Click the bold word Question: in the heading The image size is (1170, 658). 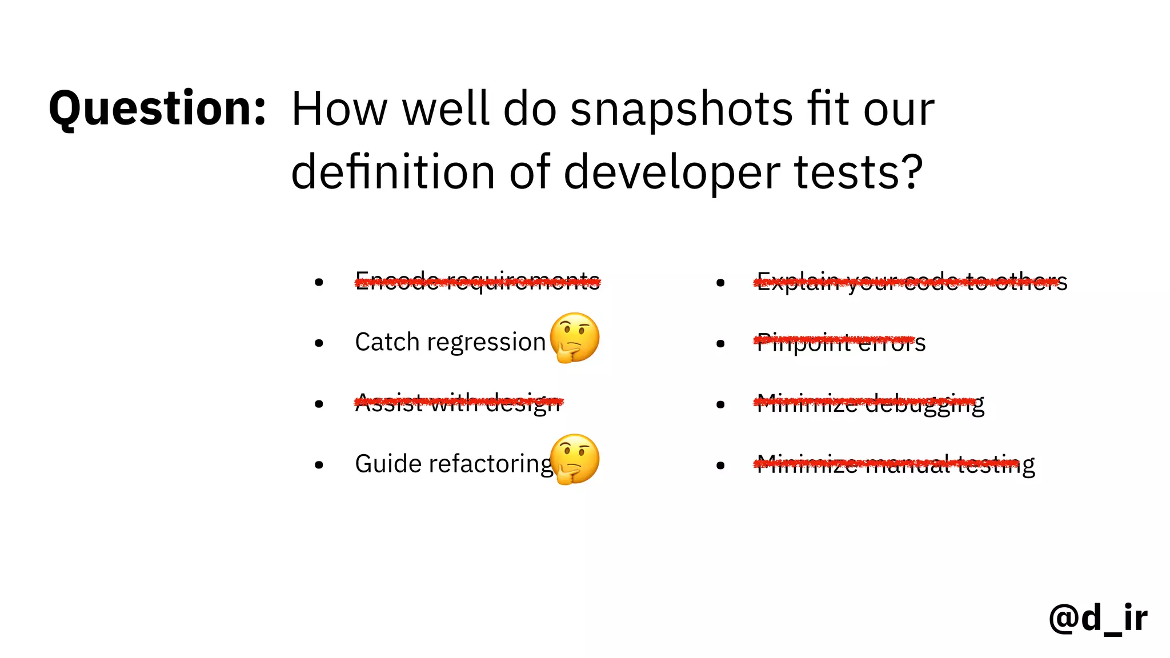[x=158, y=109]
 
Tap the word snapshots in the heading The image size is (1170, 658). [x=682, y=110]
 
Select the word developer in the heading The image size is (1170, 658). [x=672, y=172]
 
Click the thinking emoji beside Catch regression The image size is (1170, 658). [x=575, y=338]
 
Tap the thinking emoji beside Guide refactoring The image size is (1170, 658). [x=575, y=459]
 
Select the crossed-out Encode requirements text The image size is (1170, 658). [x=478, y=281]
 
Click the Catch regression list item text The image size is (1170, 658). [x=450, y=342]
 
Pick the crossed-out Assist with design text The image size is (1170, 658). [x=459, y=403]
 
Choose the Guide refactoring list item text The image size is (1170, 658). [x=454, y=464]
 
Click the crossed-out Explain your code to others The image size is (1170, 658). [x=912, y=282]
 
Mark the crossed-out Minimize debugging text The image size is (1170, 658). [x=870, y=403]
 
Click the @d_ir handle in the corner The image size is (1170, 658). [x=1098, y=618]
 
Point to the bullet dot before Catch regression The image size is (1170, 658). [x=319, y=343]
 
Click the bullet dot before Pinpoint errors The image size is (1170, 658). [x=720, y=344]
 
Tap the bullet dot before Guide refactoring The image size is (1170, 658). [x=319, y=465]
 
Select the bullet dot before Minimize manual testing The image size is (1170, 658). [x=720, y=466]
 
